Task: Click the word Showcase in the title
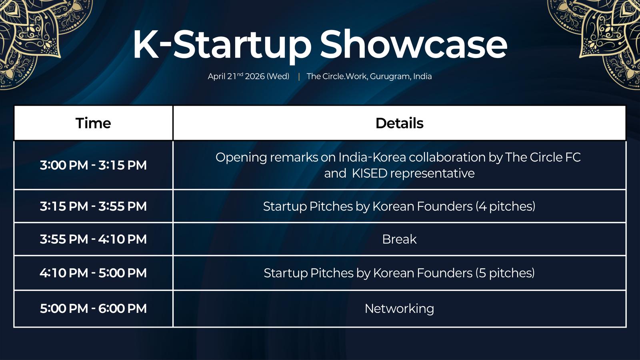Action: (x=414, y=45)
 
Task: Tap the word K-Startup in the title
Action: (x=222, y=46)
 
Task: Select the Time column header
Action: (x=93, y=123)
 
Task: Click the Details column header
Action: (x=400, y=123)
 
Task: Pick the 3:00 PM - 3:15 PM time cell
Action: (x=93, y=165)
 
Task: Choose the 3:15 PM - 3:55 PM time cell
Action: (x=93, y=206)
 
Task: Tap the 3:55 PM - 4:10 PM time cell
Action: (x=93, y=239)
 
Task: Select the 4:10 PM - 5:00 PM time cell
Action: (x=93, y=273)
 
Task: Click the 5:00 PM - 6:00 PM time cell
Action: (x=93, y=308)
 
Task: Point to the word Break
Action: (x=400, y=239)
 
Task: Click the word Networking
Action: (x=400, y=309)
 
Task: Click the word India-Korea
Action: (x=372, y=158)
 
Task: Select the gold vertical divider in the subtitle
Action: (x=299, y=76)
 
